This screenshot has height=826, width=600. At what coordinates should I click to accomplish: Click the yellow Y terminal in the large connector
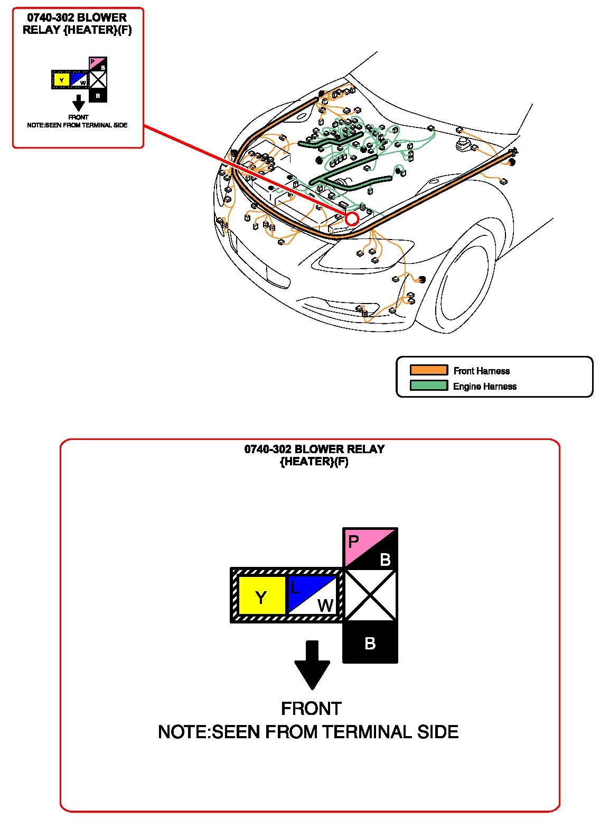tap(261, 596)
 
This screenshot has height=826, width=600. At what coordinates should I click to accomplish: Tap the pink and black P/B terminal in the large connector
tap(370, 549)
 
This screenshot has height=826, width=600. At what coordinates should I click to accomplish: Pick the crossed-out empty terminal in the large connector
tap(370, 595)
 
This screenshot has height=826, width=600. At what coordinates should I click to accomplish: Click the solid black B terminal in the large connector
tap(370, 643)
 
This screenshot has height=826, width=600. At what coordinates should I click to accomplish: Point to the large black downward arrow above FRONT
tap(312, 664)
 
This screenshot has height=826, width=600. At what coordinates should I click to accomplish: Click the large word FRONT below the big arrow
tap(311, 709)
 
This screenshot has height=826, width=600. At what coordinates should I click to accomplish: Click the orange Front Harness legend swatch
tap(428, 370)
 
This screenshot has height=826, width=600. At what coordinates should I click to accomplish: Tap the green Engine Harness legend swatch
tap(428, 386)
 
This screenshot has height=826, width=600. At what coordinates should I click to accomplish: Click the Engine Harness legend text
tap(484, 387)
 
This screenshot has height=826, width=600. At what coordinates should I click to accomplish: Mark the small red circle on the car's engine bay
tap(352, 218)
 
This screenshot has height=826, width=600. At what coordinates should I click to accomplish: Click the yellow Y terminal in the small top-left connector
tap(62, 80)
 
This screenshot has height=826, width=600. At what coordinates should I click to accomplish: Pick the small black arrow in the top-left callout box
tap(78, 103)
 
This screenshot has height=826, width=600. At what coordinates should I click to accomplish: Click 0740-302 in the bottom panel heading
tap(268, 449)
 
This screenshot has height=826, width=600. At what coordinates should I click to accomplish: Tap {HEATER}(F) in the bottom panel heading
tap(314, 462)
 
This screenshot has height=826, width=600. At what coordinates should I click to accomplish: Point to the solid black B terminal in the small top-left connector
tap(98, 95)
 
